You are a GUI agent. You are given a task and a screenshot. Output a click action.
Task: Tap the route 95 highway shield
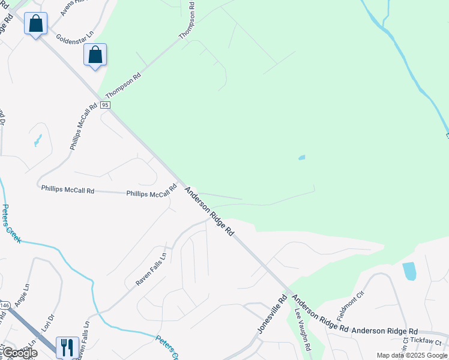pos(105,104)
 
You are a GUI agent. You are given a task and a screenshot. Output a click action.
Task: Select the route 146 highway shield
pos(4,305)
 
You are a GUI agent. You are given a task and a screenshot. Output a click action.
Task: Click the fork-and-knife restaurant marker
pos(67,346)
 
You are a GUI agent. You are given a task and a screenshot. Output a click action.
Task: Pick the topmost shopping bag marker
pos(35,25)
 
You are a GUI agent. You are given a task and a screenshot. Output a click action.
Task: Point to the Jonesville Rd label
pos(273,314)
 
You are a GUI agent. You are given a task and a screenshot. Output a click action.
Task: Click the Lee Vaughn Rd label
pos(302,330)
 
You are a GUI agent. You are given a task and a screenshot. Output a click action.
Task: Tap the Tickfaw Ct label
pos(428,341)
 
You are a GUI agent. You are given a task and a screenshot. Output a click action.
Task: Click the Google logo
pos(20,353)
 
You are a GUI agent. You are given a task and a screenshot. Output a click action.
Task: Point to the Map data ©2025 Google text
pos(412,355)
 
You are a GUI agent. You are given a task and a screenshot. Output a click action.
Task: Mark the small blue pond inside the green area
pos(301,158)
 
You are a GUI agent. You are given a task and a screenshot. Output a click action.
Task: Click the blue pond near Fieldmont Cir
pos(409,271)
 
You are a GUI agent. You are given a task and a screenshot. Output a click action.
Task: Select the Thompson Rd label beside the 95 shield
pos(123,86)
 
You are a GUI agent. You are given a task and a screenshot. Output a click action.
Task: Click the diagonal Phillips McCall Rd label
pos(83,127)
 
